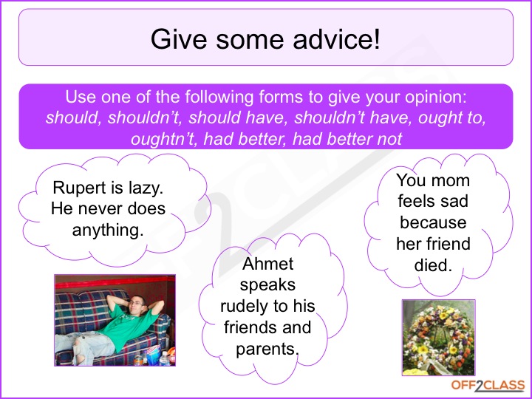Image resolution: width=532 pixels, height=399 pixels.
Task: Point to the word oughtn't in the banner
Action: (160, 138)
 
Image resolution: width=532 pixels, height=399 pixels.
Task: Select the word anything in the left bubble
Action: (107, 230)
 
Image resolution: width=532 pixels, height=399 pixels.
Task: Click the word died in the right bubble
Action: (433, 265)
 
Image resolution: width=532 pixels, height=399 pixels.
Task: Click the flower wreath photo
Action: (437, 336)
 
